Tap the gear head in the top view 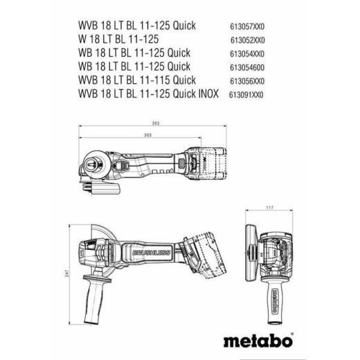(x=97, y=164)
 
